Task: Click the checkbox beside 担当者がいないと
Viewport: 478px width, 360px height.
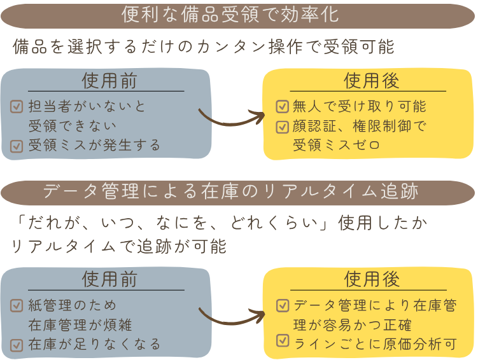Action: [x=17, y=107]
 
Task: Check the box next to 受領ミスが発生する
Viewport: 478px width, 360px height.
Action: [x=17, y=146]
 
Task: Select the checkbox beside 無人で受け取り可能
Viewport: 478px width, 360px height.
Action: [x=281, y=107]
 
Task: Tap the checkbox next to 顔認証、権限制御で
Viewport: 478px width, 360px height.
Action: [x=281, y=127]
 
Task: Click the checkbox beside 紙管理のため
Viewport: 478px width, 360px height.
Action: [x=17, y=306]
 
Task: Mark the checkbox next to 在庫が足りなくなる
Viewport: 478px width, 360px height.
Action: [x=17, y=345]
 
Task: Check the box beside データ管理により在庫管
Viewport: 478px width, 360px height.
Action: [x=281, y=306]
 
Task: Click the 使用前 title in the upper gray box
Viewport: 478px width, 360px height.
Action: [x=109, y=81]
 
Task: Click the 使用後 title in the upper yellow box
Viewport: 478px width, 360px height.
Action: [x=372, y=81]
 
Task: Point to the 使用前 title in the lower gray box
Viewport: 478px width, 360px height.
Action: [x=109, y=280]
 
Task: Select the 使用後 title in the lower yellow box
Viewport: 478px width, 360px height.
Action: [x=372, y=279]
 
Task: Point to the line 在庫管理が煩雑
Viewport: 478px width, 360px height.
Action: [x=80, y=326]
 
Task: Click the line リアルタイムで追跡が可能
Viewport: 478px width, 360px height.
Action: [x=119, y=246]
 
